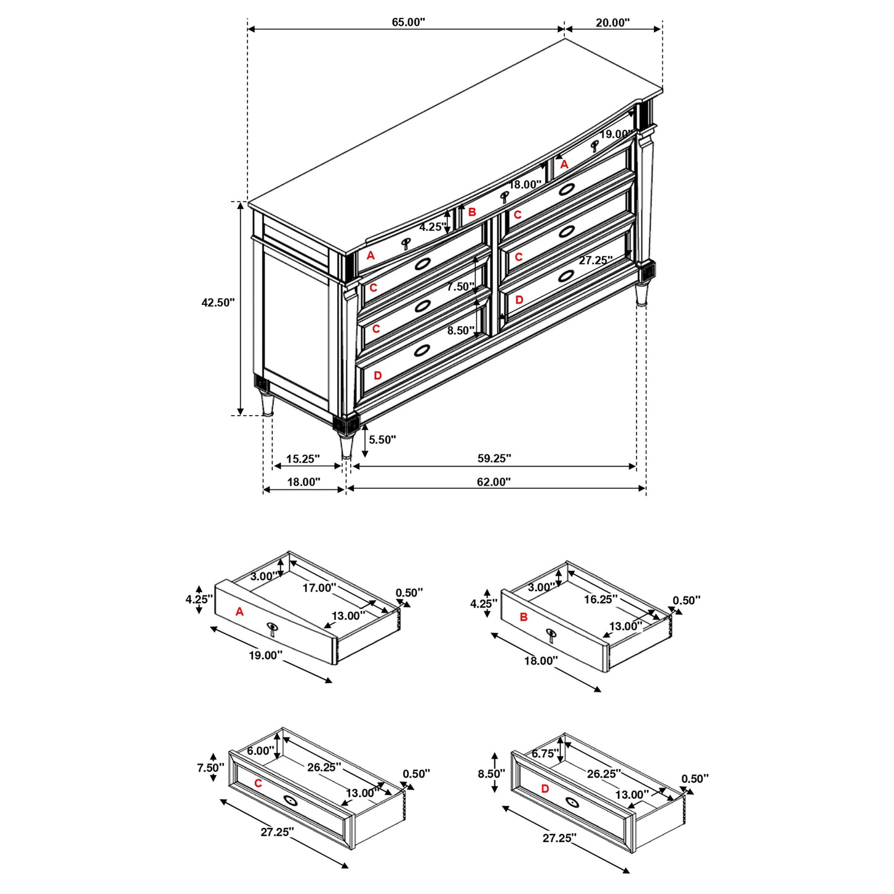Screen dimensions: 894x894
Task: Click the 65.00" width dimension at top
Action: pos(408,22)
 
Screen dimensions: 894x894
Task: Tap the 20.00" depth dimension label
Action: pos(612,23)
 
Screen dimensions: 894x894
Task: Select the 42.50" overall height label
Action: pos(218,303)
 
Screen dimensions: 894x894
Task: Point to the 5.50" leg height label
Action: pos(382,440)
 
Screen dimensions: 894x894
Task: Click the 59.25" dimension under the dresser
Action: pos(494,458)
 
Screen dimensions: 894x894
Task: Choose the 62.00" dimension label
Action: pos(493,482)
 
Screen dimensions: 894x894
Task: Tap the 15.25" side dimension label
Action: pos(303,459)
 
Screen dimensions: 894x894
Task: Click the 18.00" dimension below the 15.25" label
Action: pos(303,482)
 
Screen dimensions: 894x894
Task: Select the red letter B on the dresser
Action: pos(472,212)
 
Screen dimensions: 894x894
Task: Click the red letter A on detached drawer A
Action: pos(240,612)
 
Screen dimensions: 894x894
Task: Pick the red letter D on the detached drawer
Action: pos(545,789)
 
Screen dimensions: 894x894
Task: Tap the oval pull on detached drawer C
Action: pos(291,800)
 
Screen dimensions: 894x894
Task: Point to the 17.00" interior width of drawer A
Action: pos(319,588)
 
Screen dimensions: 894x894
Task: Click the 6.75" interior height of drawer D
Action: pos(545,754)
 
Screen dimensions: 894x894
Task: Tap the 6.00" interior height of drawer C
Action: pos(260,751)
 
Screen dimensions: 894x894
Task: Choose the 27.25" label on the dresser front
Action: pos(595,260)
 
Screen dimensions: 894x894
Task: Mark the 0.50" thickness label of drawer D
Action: pos(695,779)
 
